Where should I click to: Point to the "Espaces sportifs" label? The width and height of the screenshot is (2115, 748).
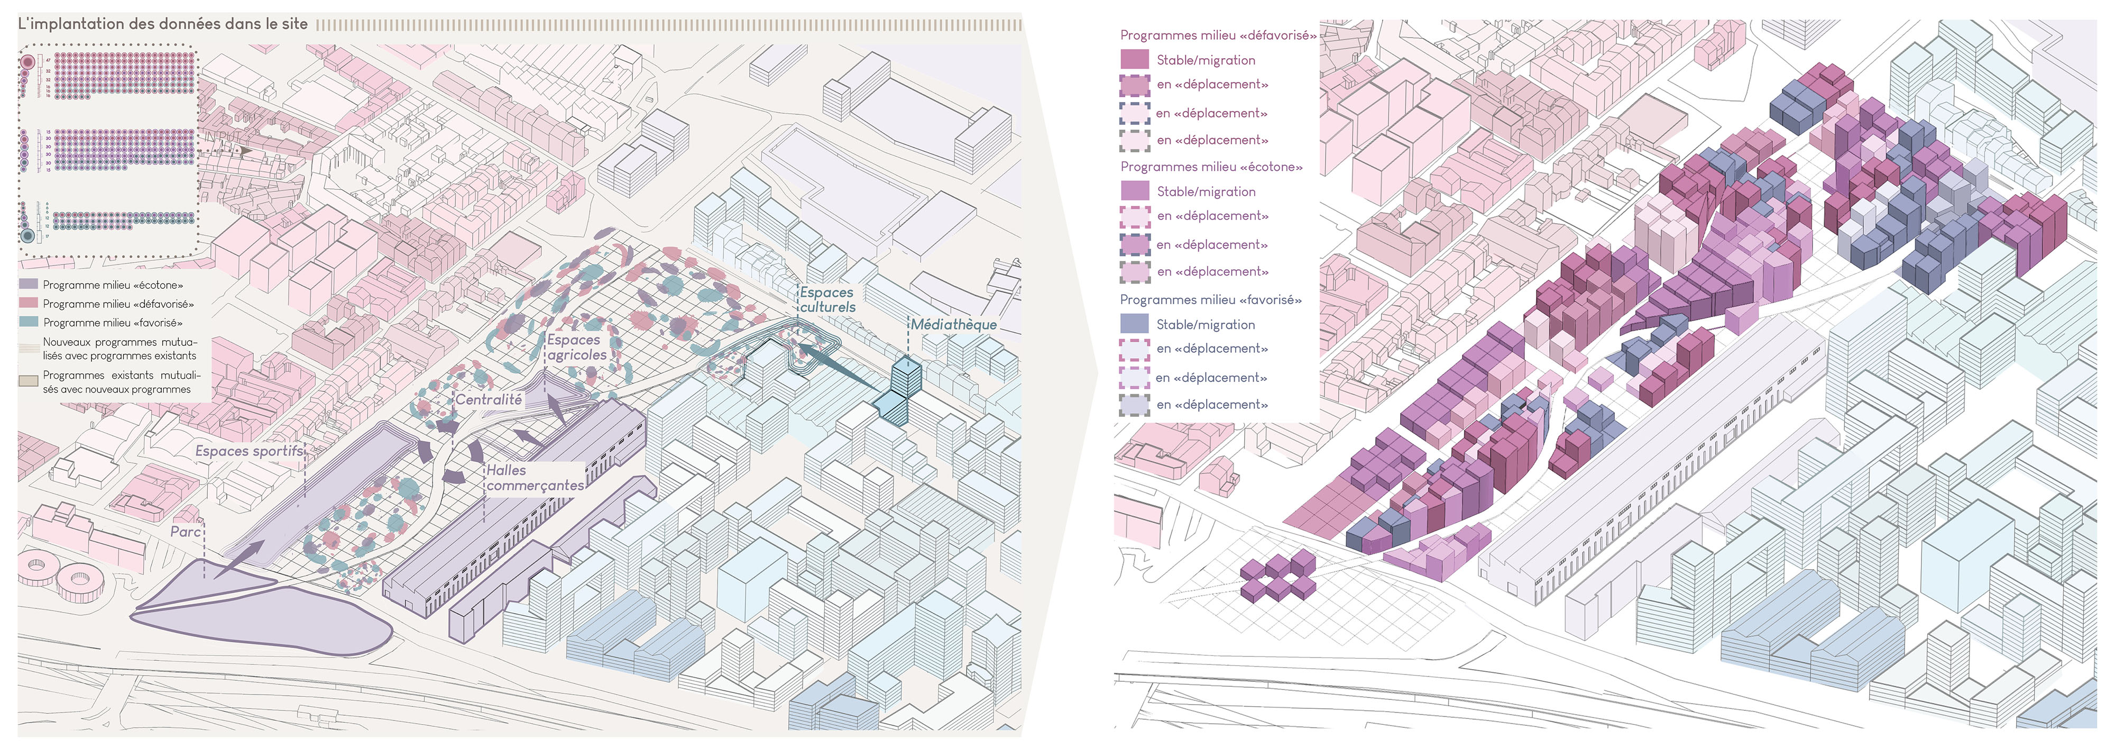click(249, 451)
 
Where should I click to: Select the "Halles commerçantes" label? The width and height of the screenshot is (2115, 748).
click(534, 478)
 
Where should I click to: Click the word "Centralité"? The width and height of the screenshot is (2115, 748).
click(489, 400)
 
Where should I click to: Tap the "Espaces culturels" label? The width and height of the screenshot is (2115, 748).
click(827, 300)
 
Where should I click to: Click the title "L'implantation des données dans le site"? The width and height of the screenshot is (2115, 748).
click(162, 24)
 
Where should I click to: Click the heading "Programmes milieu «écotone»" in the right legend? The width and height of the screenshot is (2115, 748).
click(1211, 167)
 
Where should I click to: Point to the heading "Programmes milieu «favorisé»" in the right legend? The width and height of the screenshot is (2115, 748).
click(1210, 300)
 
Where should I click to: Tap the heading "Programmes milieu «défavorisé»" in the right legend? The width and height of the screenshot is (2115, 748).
click(1218, 35)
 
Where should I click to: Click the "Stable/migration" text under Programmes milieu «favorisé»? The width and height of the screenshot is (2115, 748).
click(1206, 324)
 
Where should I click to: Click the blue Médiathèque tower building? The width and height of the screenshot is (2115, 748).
click(906, 378)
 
